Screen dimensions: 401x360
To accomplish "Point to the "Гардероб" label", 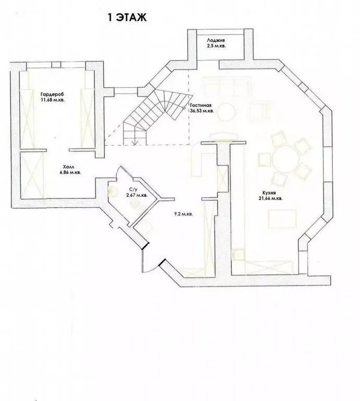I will [x=51, y=95].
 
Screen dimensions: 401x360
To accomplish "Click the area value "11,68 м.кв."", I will [x=51, y=101].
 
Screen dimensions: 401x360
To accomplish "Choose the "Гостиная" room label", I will [x=200, y=104].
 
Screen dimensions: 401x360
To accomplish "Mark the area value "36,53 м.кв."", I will [x=201, y=111].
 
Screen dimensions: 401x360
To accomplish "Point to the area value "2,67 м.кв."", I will [x=136, y=195].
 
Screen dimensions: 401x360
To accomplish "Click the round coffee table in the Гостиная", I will [x=226, y=111].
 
